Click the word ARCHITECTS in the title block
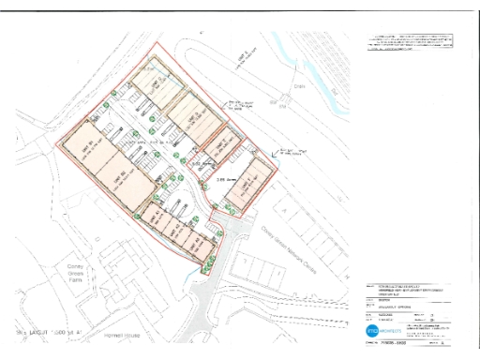[x=393, y=333]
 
